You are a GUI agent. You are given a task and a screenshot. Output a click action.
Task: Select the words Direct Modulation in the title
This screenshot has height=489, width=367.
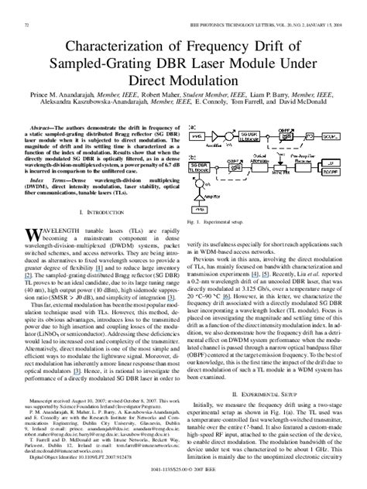183,56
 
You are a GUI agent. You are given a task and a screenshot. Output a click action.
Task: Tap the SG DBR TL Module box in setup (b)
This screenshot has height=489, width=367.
201,166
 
